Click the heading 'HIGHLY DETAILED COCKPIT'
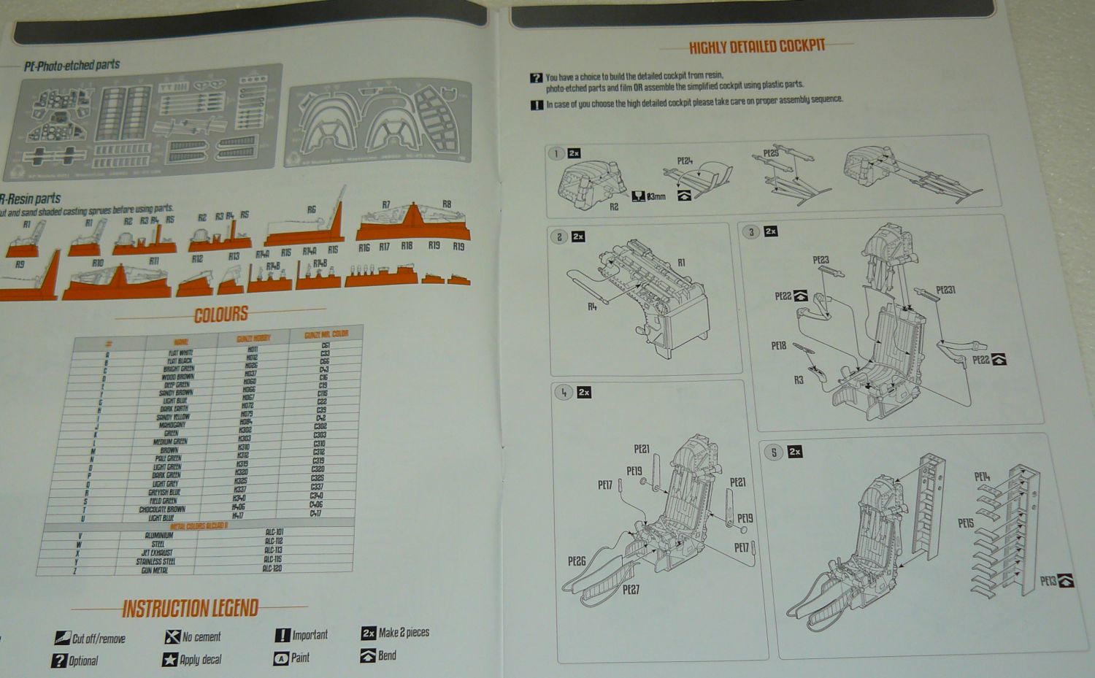[x=757, y=47]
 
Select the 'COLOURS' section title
[x=221, y=315]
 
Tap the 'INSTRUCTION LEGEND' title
[x=191, y=609]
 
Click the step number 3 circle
[x=751, y=232]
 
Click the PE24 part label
[x=685, y=161]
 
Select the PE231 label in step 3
[x=945, y=290]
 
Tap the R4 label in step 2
[x=592, y=307]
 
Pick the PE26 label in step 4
[x=577, y=561]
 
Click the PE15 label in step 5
[x=966, y=523]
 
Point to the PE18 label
[x=778, y=345]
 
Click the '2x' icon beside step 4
[x=584, y=393]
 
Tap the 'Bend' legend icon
[x=368, y=655]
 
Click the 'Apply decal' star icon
[x=170, y=660]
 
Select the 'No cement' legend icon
[x=172, y=637]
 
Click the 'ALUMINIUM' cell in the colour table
[x=159, y=535]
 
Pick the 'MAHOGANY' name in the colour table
[x=172, y=425]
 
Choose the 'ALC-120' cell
[x=272, y=568]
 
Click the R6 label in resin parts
[x=312, y=209]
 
